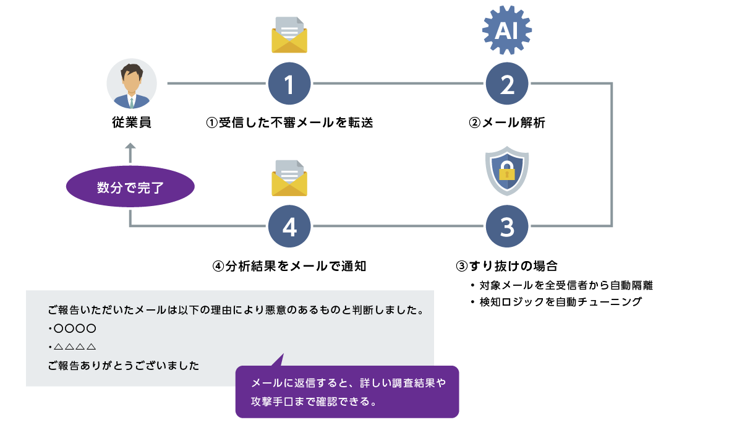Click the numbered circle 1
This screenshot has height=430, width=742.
tap(289, 84)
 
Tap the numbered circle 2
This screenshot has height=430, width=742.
tap(507, 84)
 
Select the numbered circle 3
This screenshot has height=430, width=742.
tap(507, 226)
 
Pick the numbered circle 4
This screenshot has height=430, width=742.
tap(289, 226)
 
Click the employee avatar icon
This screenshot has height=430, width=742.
tap(132, 84)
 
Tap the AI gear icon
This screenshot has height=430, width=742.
tap(507, 30)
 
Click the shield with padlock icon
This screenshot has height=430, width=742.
tap(507, 171)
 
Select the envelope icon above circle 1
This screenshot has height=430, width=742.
tap(289, 35)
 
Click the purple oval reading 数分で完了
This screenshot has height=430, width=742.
tap(130, 188)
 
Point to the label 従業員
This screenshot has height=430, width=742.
tap(132, 123)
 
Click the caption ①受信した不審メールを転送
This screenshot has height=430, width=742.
tap(289, 123)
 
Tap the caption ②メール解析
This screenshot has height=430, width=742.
tap(507, 123)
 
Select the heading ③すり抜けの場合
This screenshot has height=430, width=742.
tap(507, 267)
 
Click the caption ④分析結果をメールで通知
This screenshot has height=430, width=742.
tap(289, 267)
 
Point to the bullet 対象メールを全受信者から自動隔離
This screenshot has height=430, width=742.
tap(566, 286)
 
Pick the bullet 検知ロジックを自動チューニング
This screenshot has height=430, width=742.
tap(560, 303)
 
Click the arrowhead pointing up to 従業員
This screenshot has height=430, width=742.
tap(130, 148)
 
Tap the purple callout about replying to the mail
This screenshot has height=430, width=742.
tap(348, 392)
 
